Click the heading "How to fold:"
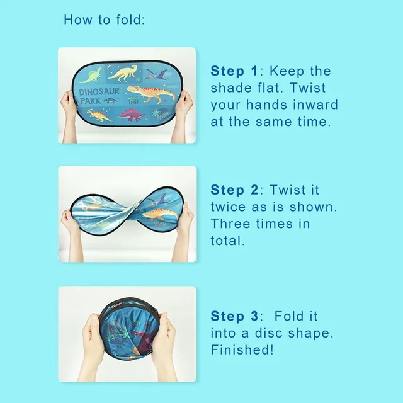[x=105, y=20]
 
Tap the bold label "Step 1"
[x=234, y=71]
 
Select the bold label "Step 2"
[x=234, y=190]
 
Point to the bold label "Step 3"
[x=234, y=316]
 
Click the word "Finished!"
[x=242, y=350]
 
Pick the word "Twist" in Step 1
[x=308, y=88]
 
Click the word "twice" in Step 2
[x=228, y=207]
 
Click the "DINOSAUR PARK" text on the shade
[x=99, y=96]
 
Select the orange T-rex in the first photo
[x=151, y=94]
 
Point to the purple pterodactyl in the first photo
[x=157, y=74]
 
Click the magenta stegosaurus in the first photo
[x=132, y=115]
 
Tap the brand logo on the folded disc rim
[x=116, y=305]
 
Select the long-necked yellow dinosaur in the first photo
[x=123, y=73]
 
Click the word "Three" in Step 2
[x=230, y=224]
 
